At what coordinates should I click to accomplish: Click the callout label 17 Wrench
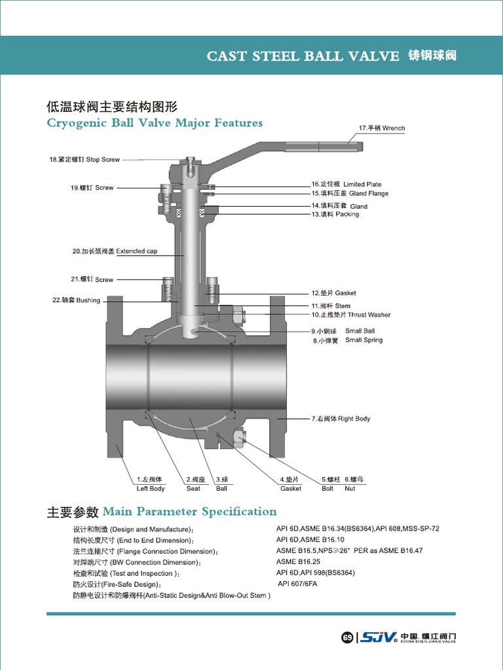(382, 128)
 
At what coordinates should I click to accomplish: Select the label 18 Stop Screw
(84, 160)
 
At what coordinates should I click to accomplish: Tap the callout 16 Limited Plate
(346, 185)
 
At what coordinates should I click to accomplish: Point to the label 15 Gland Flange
(350, 194)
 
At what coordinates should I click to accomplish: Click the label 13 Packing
(335, 215)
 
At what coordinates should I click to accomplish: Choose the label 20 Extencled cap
(115, 251)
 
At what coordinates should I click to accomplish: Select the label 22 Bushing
(76, 301)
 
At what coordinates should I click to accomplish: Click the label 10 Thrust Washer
(350, 315)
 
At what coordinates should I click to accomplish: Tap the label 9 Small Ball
(343, 331)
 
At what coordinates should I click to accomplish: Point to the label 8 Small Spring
(347, 340)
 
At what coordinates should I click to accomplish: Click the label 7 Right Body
(341, 419)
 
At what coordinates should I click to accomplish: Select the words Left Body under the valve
(151, 489)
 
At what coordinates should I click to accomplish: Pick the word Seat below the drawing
(193, 489)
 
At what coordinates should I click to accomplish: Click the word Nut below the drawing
(350, 489)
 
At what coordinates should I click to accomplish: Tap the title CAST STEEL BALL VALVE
(303, 56)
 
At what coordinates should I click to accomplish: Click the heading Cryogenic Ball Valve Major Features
(155, 123)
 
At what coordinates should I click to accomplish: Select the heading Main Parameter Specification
(189, 512)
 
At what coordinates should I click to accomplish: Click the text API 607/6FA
(297, 584)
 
